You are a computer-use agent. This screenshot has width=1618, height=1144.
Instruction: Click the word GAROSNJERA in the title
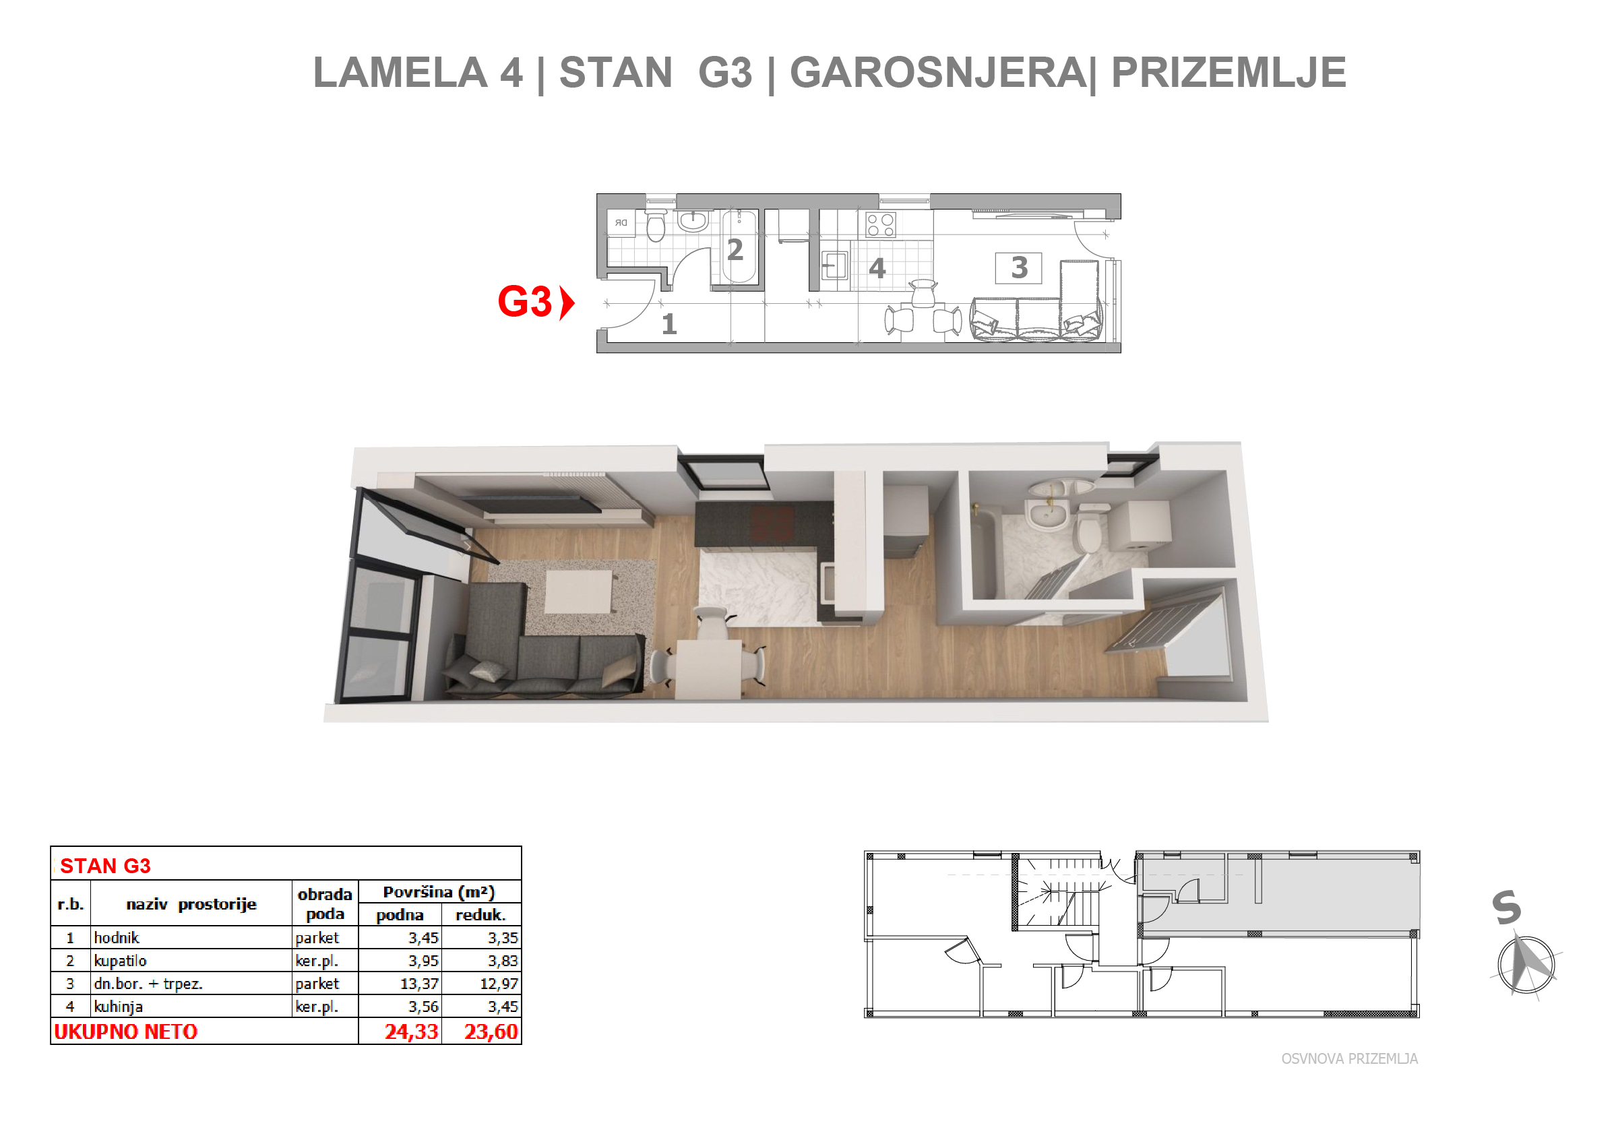tap(938, 73)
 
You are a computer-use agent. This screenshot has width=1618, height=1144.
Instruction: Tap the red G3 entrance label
tap(525, 302)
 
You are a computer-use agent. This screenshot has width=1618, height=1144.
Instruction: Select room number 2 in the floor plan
tap(735, 250)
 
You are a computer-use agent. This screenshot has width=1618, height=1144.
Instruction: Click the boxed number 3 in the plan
tap(1018, 267)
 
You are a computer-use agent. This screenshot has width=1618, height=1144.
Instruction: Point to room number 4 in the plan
tap(877, 268)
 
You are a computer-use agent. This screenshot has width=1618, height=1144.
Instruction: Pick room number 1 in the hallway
tap(669, 324)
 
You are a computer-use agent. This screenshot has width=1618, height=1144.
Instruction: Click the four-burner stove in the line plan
tap(881, 226)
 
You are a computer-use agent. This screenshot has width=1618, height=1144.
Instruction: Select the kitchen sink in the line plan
tap(835, 266)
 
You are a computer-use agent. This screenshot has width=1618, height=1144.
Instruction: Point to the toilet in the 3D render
tap(1090, 529)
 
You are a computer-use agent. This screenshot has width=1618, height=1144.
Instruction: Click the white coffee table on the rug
tap(579, 592)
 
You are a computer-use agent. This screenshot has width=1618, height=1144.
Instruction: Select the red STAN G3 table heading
tap(105, 866)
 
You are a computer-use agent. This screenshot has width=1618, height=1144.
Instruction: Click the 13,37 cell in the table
tap(419, 984)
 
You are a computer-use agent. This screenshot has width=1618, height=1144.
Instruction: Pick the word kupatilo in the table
tap(121, 961)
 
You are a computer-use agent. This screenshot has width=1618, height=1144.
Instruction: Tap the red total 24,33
tap(412, 1032)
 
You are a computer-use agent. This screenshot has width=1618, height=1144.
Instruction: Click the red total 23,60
tap(491, 1032)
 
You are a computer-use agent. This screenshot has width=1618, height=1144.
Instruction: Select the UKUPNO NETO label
tap(125, 1032)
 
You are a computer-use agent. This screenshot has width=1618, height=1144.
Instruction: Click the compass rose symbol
tap(1526, 964)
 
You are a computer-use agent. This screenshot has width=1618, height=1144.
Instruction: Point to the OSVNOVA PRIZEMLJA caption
tap(1350, 1058)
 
